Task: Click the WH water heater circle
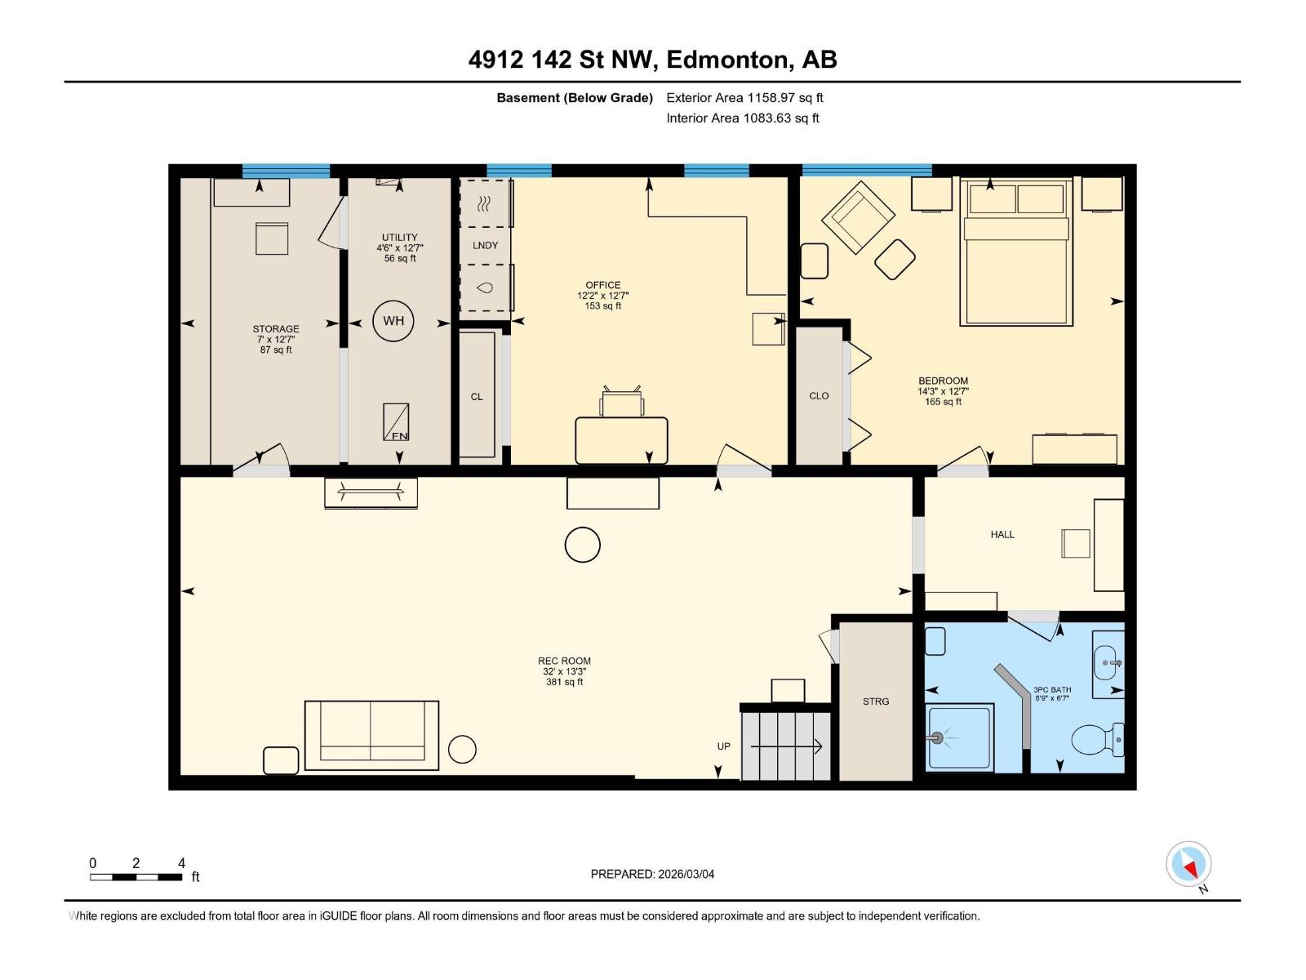(393, 321)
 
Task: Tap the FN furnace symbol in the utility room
(397, 422)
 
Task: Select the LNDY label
(485, 245)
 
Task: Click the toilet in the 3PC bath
(1095, 740)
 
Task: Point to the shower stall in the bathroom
(960, 737)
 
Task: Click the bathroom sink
(1108, 661)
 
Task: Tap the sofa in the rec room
(371, 734)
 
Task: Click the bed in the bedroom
(1016, 253)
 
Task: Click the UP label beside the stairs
(723, 746)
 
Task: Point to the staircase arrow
(786, 746)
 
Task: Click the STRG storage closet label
(876, 702)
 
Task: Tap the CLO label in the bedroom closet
(819, 396)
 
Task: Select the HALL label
(1002, 535)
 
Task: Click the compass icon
(1188, 865)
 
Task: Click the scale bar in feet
(136, 877)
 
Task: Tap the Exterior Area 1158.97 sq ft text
(744, 98)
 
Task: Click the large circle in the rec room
(583, 545)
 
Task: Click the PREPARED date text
(652, 874)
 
